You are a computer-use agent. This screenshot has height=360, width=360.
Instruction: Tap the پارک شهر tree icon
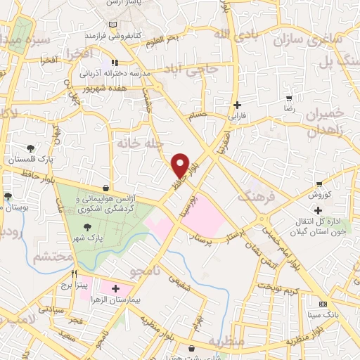click(87, 226)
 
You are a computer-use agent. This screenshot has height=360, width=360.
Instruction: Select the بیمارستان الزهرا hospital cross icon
click(115, 288)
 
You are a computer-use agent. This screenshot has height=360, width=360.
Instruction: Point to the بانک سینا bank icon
click(323, 304)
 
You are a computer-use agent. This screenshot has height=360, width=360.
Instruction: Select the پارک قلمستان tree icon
click(30, 148)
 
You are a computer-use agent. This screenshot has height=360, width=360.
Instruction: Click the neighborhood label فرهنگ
click(257, 198)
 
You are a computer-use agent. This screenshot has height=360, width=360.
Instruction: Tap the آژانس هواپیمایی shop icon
click(105, 188)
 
